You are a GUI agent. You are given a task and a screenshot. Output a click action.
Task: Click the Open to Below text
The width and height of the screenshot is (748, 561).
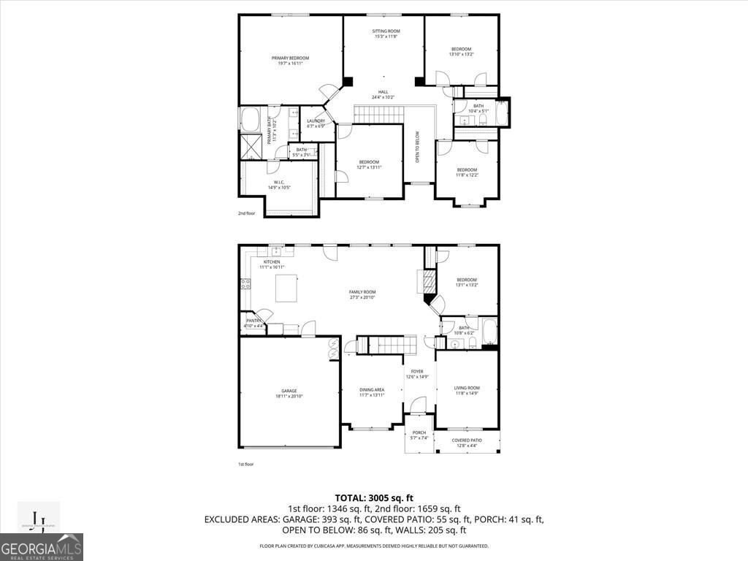point(418,146)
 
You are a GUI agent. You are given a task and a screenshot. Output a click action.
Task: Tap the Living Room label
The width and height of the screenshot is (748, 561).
point(467,390)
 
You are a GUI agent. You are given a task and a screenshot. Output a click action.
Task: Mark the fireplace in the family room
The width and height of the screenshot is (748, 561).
point(421,281)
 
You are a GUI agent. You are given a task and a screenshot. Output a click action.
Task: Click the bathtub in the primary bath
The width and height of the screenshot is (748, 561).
point(250,118)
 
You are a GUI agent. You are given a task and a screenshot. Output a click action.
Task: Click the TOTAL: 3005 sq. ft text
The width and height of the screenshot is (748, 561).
point(373,497)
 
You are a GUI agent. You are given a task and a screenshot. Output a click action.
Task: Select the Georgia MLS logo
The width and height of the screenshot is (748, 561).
point(42,547)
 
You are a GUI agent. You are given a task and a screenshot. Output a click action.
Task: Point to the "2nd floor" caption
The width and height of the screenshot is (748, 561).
point(246,213)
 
